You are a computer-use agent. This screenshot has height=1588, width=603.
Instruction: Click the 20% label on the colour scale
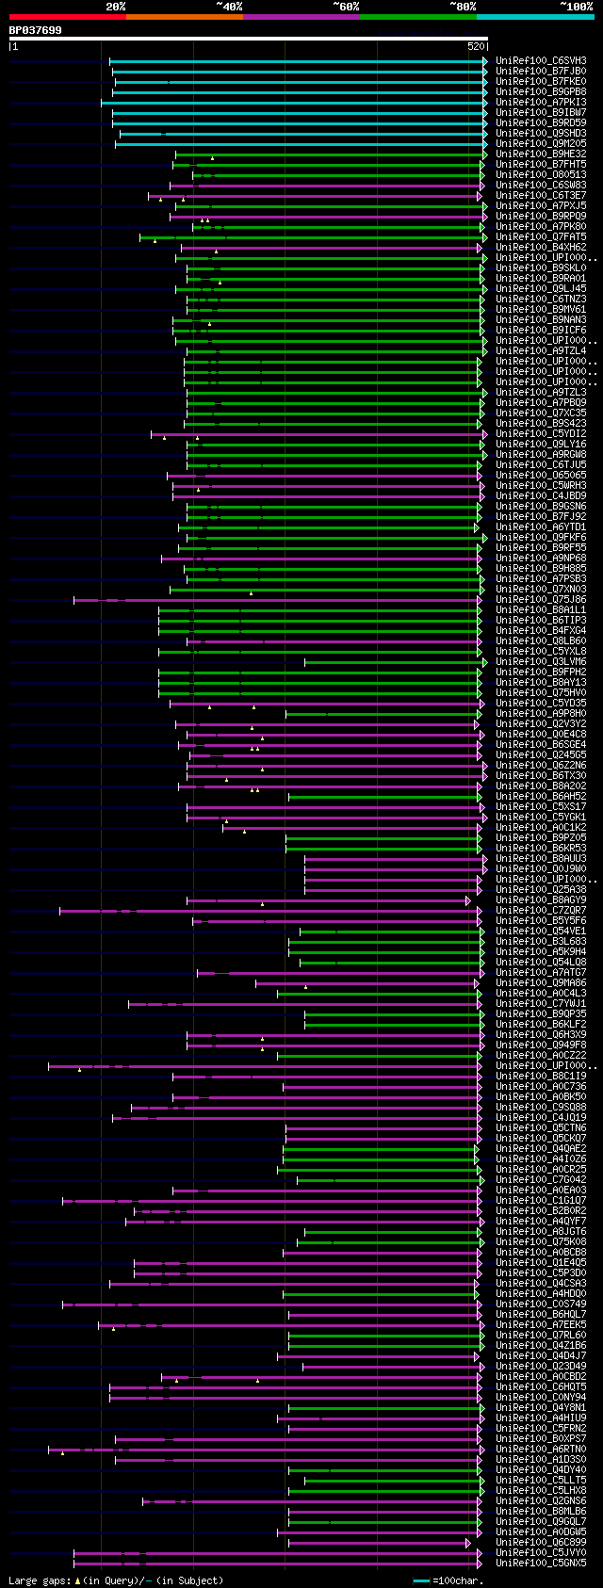tap(116, 7)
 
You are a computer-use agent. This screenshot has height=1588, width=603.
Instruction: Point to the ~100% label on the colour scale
tap(577, 7)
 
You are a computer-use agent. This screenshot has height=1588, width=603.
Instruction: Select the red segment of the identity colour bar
tap(67, 17)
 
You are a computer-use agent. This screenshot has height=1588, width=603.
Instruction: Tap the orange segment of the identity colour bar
tap(184, 17)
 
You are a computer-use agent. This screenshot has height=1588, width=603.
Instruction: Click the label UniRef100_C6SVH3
tap(541, 61)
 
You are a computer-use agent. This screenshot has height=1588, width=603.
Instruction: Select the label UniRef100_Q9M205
tap(541, 144)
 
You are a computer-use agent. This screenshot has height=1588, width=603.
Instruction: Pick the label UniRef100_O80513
tap(541, 175)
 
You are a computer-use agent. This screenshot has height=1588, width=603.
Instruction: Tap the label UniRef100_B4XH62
tap(541, 248)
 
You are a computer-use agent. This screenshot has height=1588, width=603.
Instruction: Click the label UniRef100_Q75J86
tap(541, 600)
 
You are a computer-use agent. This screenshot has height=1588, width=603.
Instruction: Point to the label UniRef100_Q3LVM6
tap(541, 662)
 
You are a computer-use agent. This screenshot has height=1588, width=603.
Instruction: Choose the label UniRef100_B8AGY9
tap(541, 900)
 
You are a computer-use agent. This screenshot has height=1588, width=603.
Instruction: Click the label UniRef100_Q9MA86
tap(541, 983)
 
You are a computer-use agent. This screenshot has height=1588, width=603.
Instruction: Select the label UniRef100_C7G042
tap(541, 1180)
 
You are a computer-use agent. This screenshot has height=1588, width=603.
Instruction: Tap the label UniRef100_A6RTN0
tap(541, 1450)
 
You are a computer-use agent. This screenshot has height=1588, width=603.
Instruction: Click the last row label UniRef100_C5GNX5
tap(541, 1564)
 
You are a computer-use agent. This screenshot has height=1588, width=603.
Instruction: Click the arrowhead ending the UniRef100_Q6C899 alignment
tap(467, 1543)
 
